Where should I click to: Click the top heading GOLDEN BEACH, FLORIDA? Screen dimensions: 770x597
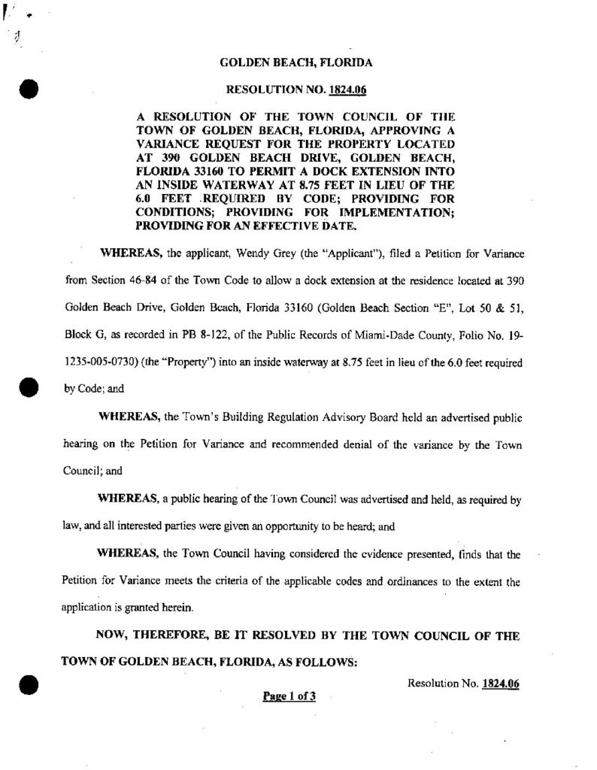tap(295, 63)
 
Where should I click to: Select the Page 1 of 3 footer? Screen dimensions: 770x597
tap(289, 696)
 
